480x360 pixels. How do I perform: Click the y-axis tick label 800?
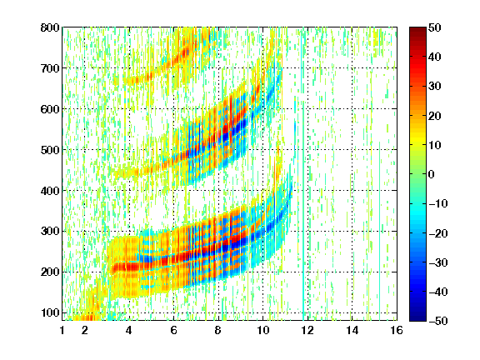[50, 27]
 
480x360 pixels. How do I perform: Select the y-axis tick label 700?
[50, 68]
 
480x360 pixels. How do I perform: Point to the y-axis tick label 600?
[50, 109]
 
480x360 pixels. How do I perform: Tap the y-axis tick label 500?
[50, 150]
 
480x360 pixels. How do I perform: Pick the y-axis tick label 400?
[50, 191]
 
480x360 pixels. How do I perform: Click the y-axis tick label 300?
[50, 231]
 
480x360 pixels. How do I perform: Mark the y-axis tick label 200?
[50, 272]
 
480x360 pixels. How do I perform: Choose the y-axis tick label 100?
[50, 312]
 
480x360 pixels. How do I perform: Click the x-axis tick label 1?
[62, 330]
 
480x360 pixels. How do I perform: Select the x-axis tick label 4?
[129, 330]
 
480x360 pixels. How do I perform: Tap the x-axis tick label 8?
[217, 330]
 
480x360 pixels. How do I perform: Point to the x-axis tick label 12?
[307, 330]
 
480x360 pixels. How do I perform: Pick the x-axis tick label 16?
[397, 330]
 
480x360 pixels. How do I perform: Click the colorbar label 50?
[435, 27]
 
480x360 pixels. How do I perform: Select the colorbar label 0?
[432, 174]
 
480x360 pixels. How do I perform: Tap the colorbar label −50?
[438, 321]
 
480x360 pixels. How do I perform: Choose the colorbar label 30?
[435, 87]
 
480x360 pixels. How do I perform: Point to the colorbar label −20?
[438, 233]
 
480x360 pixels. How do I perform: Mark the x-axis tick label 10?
[262, 330]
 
